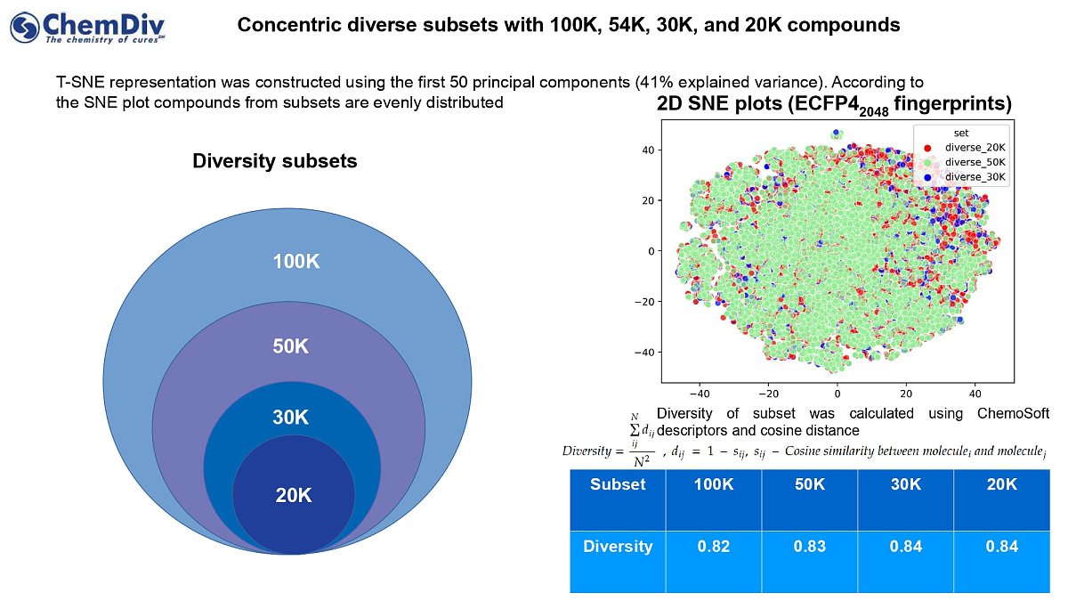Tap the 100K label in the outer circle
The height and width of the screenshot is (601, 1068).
[x=296, y=262]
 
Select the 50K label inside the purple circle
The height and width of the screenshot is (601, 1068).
[x=290, y=347]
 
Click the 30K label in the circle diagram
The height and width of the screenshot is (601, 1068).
[x=290, y=418]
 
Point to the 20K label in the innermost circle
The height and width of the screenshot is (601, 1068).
[x=293, y=496]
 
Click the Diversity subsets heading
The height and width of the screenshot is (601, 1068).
[x=275, y=161]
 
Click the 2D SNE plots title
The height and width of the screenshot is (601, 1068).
[x=834, y=105]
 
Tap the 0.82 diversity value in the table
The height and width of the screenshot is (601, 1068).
[x=714, y=547]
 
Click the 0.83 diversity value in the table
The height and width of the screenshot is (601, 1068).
[x=810, y=547]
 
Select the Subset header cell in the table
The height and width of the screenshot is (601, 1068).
[x=618, y=484]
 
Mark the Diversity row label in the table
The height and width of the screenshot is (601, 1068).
[x=618, y=547]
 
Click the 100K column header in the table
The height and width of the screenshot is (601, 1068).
[x=714, y=484]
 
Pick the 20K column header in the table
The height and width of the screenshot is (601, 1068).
[x=1001, y=484]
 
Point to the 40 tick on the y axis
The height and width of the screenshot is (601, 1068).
[x=650, y=150]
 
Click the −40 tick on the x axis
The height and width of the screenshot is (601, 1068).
[x=699, y=392]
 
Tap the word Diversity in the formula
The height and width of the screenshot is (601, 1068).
[x=587, y=450]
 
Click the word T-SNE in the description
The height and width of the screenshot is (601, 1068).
[x=76, y=83]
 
